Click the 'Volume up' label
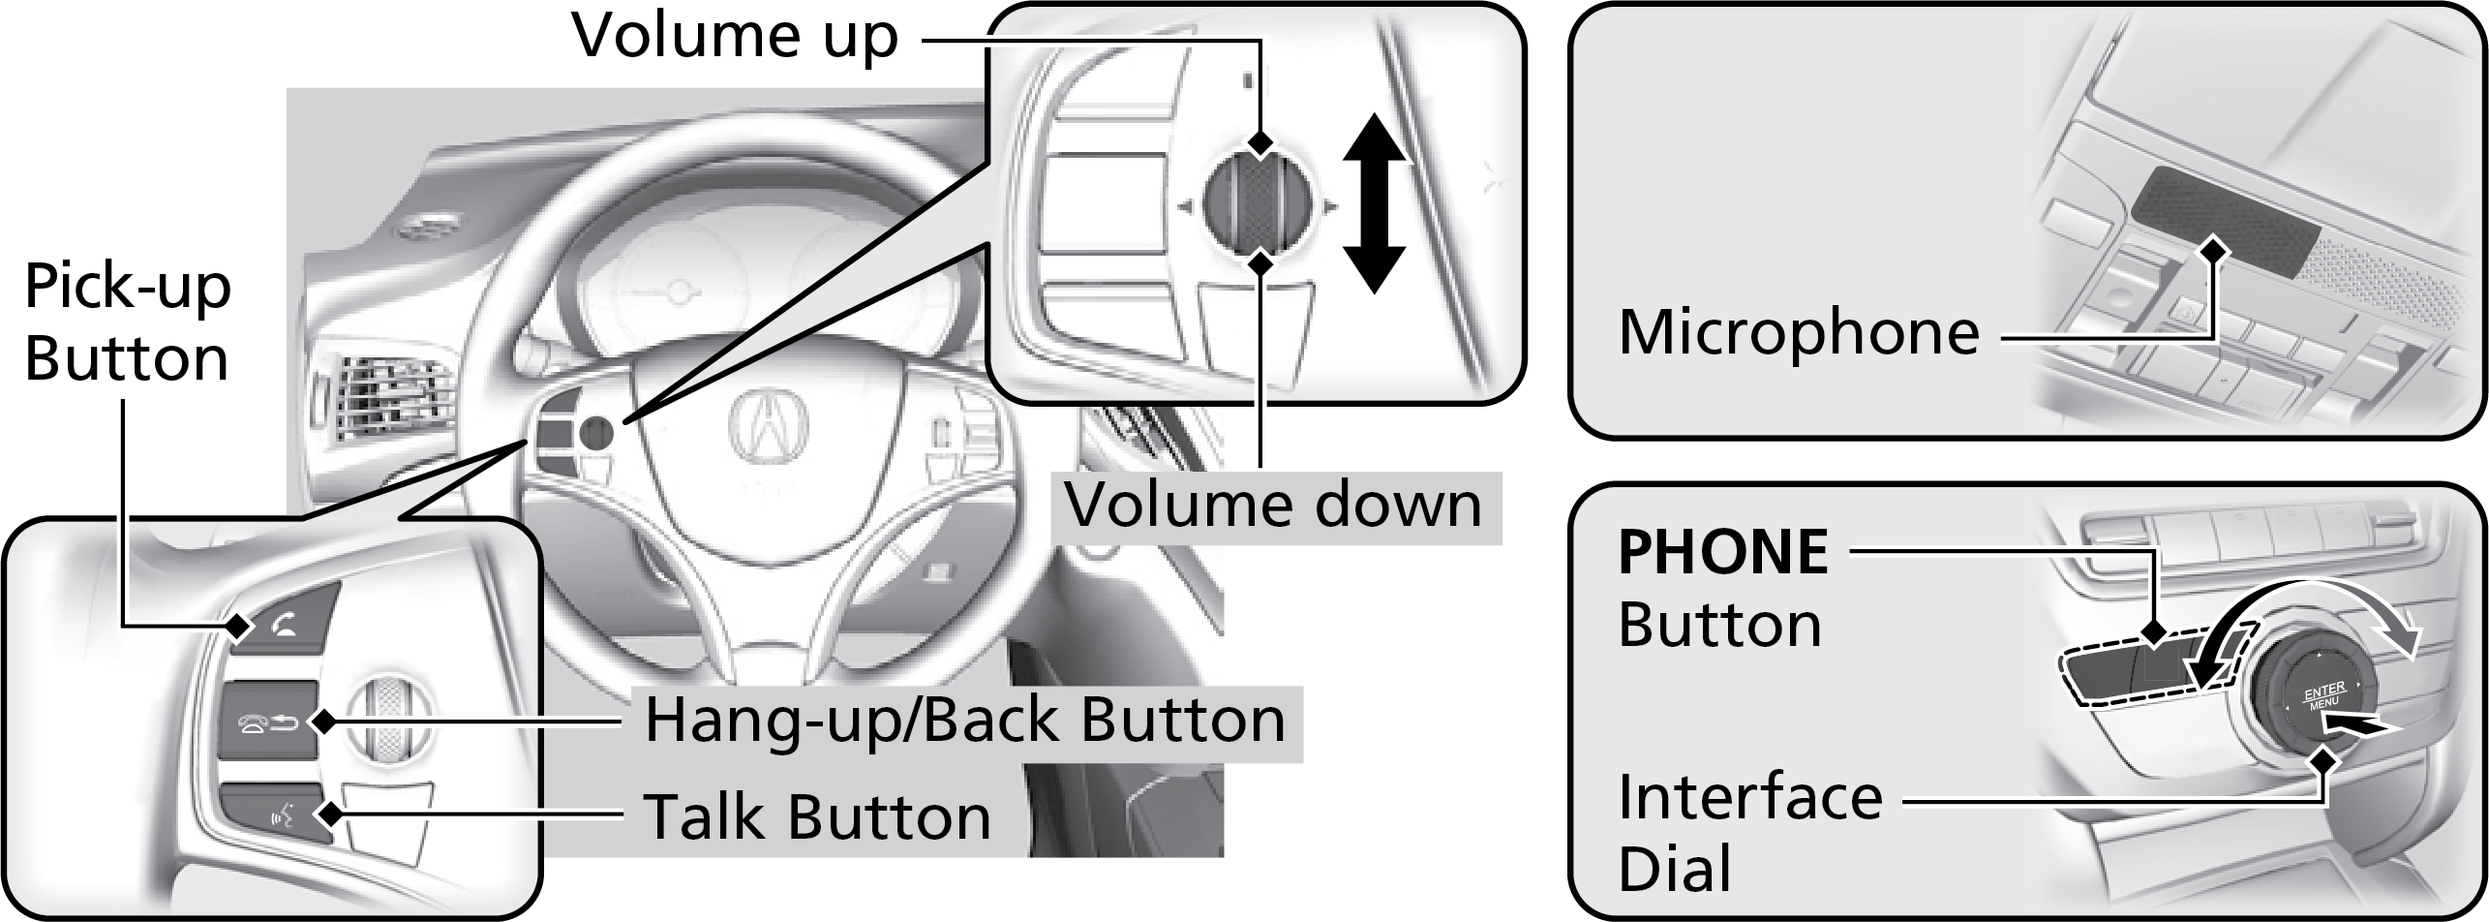[x=736, y=37]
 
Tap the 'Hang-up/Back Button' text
[x=964, y=721]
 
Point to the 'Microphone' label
[x=1799, y=332]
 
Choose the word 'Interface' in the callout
[x=1749, y=796]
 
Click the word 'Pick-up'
[x=127, y=288]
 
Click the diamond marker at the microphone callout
[x=2214, y=250]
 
